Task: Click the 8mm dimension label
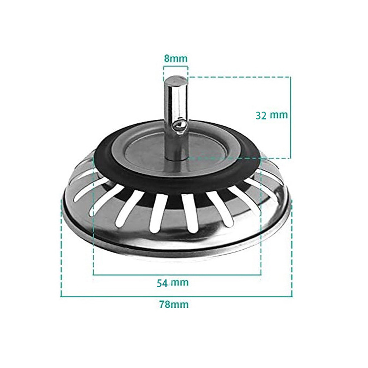tap(175, 58)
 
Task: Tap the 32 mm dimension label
tap(272, 115)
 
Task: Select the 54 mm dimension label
tap(172, 283)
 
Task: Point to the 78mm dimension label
tap(174, 304)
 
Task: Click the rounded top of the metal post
tap(175, 80)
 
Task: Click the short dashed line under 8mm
tap(175, 66)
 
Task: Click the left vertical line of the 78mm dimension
tap(61, 250)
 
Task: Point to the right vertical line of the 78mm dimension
tap(292, 250)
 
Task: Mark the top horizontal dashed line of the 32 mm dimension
tap(239, 77)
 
